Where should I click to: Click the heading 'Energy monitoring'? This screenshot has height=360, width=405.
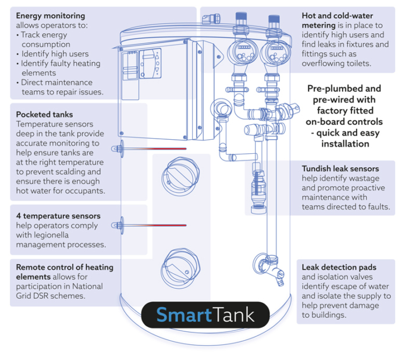pos(51,16)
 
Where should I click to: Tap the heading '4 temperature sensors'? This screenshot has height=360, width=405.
pos(58,216)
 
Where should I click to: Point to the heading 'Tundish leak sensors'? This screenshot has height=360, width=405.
pos(340,170)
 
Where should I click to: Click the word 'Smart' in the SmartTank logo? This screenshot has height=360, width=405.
pos(183,316)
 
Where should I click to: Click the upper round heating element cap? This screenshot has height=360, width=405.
pos(179,174)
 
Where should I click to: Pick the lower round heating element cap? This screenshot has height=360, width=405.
pos(179,267)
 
